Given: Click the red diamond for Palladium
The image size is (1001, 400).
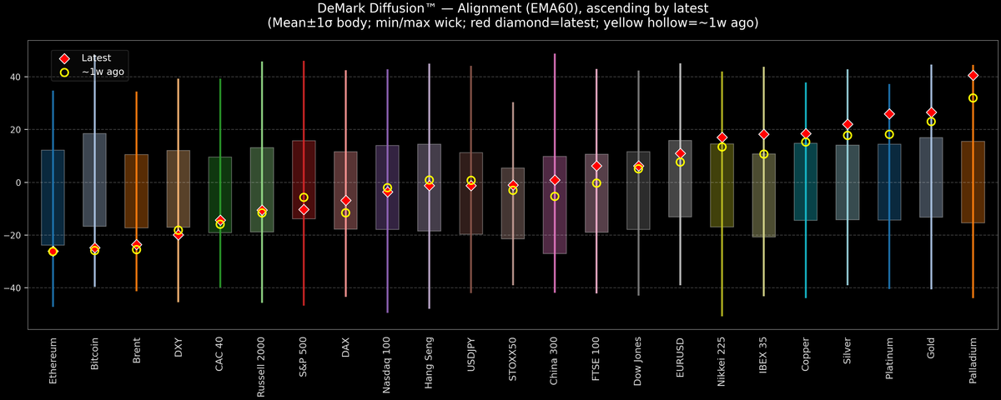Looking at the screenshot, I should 973,76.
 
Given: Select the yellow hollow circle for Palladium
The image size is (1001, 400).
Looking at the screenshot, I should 973,98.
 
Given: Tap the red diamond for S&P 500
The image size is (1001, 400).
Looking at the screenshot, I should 304,210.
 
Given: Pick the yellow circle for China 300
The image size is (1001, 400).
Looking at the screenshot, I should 555,197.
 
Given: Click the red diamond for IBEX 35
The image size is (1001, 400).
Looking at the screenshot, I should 763,134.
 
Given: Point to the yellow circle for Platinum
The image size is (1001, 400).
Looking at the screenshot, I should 889,134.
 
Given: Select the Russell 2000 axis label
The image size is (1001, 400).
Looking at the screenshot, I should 262,367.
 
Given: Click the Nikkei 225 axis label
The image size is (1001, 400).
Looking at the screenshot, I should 722,362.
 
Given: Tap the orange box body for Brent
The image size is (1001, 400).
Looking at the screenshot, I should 137,191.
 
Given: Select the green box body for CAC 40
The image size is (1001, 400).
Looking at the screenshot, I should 220,194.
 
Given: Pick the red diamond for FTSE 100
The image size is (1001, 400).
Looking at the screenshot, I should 596,166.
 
